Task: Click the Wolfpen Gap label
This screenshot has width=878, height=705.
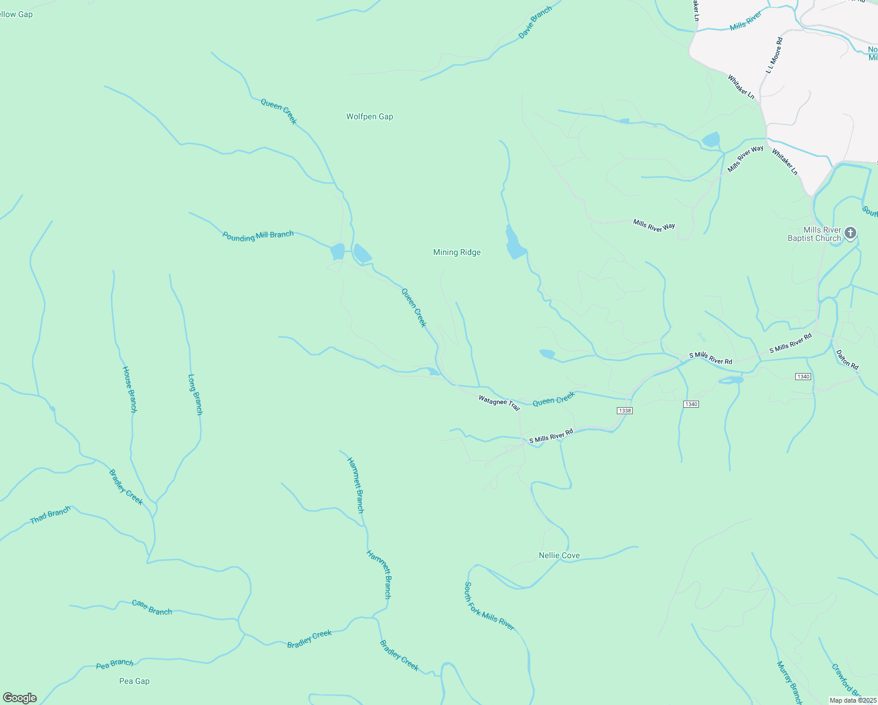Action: (369, 116)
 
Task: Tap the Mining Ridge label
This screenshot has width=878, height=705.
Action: (457, 252)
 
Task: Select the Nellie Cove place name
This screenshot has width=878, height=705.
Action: (559, 555)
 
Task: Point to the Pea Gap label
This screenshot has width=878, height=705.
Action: (134, 681)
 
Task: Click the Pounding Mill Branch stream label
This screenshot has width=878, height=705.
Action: (258, 236)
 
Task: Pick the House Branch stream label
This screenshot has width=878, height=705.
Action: (129, 389)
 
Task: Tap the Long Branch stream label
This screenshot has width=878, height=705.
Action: (195, 395)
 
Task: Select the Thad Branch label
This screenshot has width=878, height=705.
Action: (50, 515)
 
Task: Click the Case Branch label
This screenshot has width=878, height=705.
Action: (152, 607)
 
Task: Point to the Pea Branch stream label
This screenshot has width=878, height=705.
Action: (115, 664)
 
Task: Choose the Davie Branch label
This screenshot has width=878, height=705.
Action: (535, 23)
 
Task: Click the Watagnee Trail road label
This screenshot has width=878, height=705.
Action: (499, 402)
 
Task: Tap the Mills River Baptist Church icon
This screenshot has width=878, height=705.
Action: (850, 234)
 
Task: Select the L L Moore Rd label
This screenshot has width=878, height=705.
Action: (774, 55)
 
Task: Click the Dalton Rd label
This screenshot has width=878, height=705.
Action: (847, 360)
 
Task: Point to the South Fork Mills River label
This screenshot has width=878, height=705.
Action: (489, 606)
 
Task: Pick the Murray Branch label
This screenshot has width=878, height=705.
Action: (789, 683)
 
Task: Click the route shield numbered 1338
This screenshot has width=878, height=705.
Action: (624, 411)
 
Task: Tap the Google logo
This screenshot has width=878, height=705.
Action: (20, 698)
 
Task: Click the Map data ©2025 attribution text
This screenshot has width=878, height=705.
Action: (852, 700)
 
